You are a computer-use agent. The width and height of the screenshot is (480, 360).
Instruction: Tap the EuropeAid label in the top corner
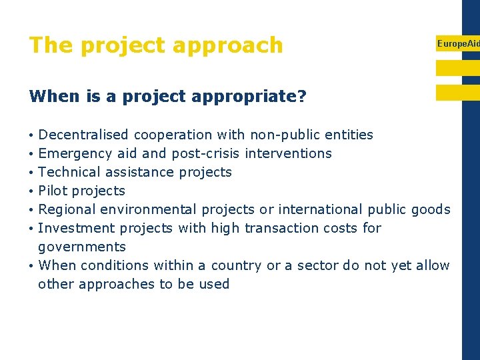pyautogui.click(x=457, y=43)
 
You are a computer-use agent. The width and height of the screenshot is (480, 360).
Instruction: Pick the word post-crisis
pyautogui.click(x=206, y=153)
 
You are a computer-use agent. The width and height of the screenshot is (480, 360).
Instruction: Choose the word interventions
pyautogui.click(x=288, y=153)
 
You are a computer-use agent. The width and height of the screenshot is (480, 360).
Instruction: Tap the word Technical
pyautogui.click(x=69, y=172)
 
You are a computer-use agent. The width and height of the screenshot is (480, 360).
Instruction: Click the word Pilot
pyautogui.click(x=53, y=191)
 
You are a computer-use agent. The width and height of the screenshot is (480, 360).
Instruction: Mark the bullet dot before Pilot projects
pyautogui.click(x=32, y=191)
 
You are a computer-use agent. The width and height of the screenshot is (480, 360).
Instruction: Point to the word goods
pyautogui.click(x=431, y=209)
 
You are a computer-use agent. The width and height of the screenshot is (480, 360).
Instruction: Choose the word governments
pyautogui.click(x=82, y=247)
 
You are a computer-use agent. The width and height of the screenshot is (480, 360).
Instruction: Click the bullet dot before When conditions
pyautogui.click(x=32, y=266)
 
